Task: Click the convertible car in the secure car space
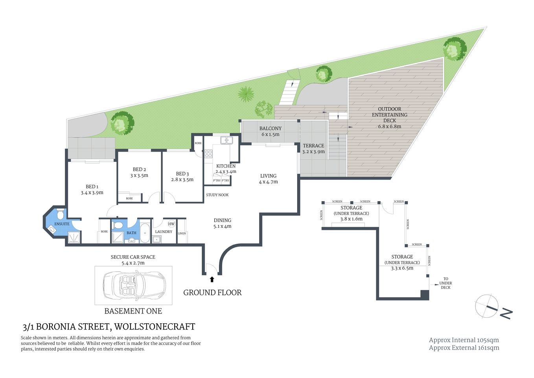click(x=134, y=285)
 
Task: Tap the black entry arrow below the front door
click(x=212, y=279)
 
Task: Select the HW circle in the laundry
click(x=171, y=224)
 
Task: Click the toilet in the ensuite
click(x=60, y=214)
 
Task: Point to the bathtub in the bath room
click(x=145, y=233)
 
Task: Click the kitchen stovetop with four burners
click(x=208, y=154)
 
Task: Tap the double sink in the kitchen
click(x=226, y=140)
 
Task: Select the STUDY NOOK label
click(x=217, y=195)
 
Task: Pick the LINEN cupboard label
click(x=182, y=233)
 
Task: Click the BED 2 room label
click(x=139, y=172)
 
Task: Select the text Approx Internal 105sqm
click(x=464, y=340)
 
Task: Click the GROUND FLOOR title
click(x=212, y=293)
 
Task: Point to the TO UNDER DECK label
click(x=446, y=283)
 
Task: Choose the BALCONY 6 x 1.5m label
click(x=270, y=131)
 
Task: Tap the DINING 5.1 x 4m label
click(x=222, y=223)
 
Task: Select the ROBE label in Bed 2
click(x=129, y=198)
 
